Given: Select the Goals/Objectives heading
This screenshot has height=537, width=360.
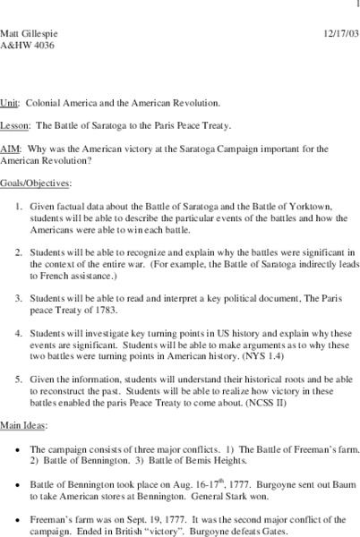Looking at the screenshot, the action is (x=34, y=182).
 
